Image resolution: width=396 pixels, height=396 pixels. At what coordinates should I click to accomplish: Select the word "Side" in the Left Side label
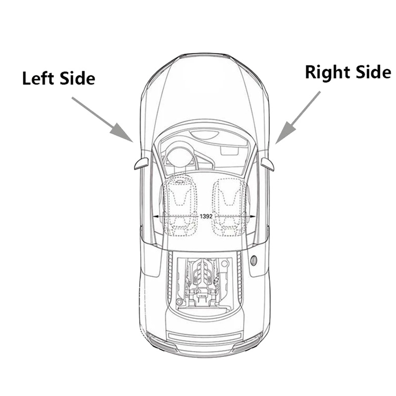point(78,78)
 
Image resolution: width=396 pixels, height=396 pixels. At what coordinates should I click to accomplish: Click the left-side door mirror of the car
point(141,163)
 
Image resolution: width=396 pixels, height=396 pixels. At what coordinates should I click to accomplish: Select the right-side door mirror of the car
point(268,164)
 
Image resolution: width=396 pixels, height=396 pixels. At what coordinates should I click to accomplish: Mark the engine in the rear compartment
point(204,282)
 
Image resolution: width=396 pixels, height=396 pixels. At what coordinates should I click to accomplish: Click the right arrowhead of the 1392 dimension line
point(252,217)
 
